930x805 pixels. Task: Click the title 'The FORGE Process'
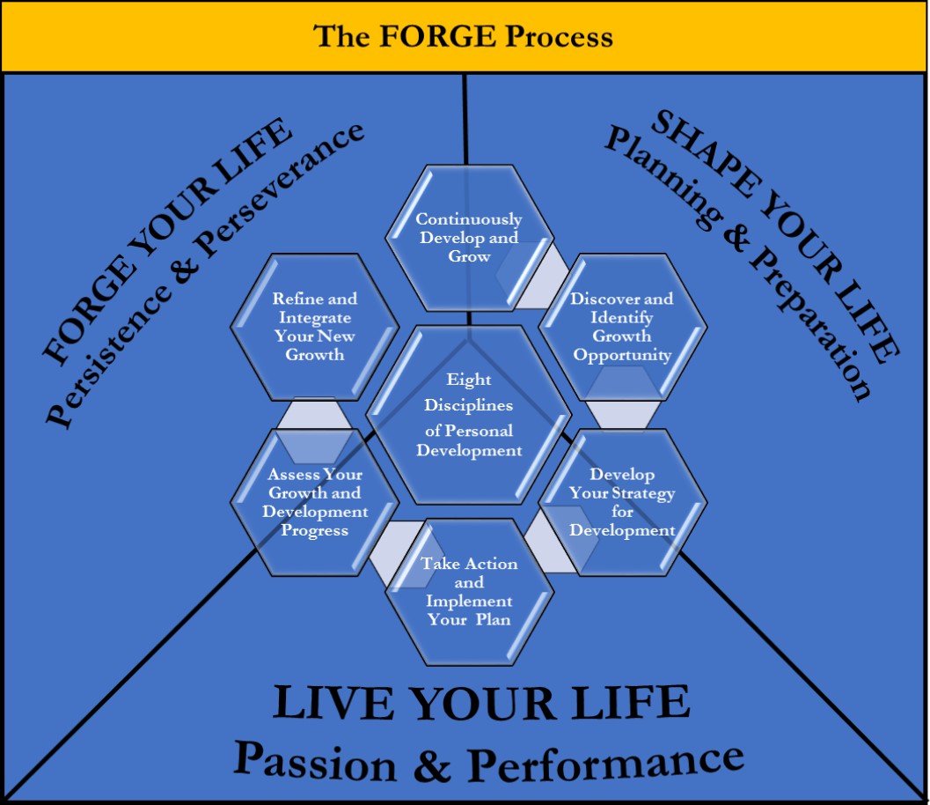pos(464,37)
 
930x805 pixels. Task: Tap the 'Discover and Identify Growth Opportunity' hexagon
pos(622,327)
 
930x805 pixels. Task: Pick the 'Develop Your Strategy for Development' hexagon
pos(622,502)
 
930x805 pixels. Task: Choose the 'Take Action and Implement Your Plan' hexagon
pos(469,591)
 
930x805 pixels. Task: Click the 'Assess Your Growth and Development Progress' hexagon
pos(315,502)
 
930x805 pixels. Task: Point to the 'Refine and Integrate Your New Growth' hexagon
pos(314,327)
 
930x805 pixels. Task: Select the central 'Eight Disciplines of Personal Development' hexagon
pos(469,414)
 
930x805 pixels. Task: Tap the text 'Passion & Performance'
pos(489,760)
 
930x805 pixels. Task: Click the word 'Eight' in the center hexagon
pos(469,380)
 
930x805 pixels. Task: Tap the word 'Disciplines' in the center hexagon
pos(468,405)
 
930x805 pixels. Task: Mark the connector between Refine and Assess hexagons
pos(314,414)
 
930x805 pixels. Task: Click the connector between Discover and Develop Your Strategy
pos(622,414)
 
